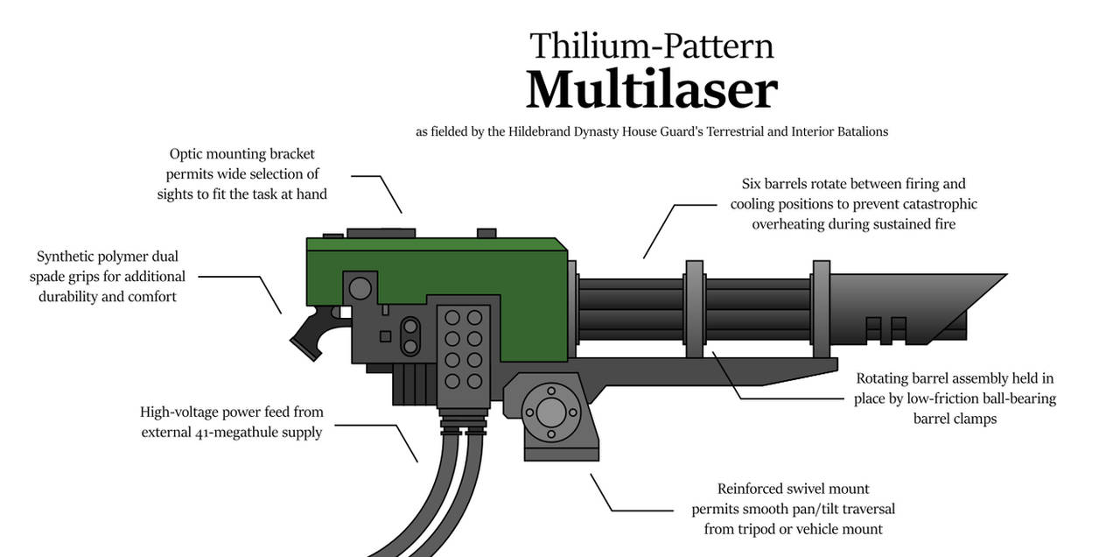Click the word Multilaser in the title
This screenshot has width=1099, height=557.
(x=651, y=89)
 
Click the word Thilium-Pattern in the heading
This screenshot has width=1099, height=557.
(x=651, y=46)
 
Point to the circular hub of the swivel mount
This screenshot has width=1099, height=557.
(x=550, y=412)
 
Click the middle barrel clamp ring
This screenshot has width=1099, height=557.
(x=695, y=308)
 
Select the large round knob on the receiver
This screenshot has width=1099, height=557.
(x=359, y=286)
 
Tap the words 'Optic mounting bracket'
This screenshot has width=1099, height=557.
(x=242, y=154)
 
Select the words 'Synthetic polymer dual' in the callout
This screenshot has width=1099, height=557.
(x=108, y=257)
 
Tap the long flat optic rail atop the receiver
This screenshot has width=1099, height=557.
(x=381, y=233)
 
